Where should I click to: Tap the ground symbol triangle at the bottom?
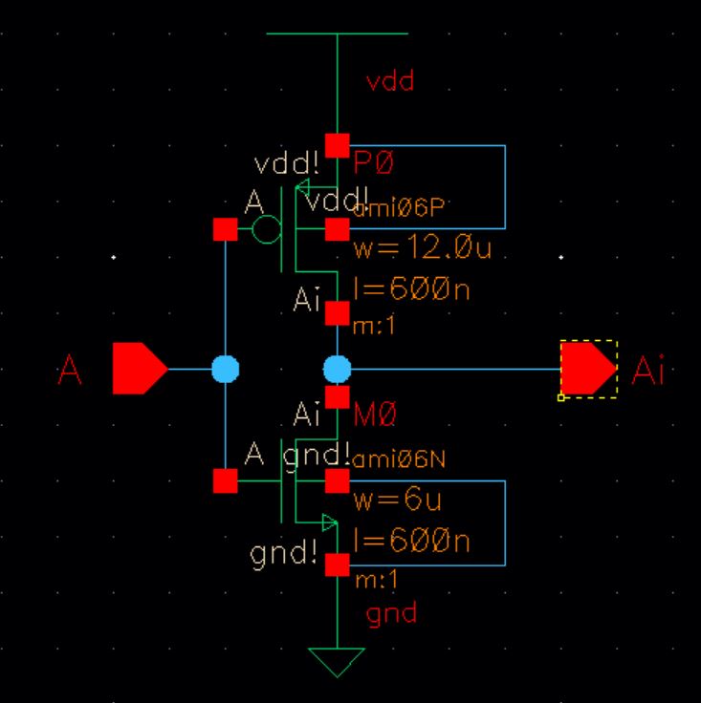(337, 660)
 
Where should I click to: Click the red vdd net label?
(390, 81)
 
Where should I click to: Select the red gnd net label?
(392, 612)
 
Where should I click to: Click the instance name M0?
(374, 415)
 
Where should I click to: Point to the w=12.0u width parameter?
(422, 250)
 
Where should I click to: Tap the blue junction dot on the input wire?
(225, 369)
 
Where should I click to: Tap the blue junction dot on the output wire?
(337, 369)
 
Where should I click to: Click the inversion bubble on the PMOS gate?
(266, 229)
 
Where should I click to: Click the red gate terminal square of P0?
(225, 229)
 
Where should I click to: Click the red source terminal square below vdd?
(337, 145)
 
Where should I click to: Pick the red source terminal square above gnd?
(337, 565)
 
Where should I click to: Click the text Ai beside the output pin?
(647, 370)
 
